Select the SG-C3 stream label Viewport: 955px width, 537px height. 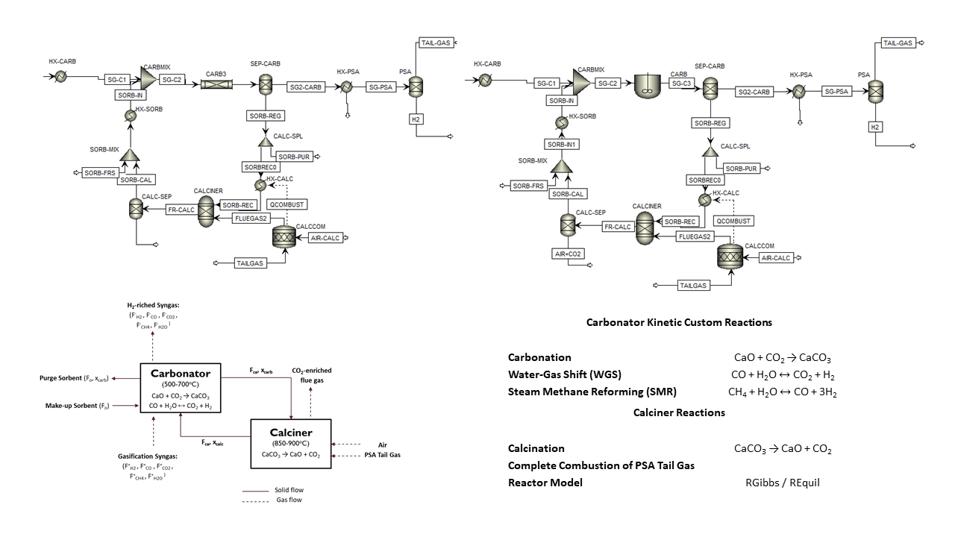coord(682,83)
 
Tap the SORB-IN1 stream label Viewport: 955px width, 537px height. coord(563,144)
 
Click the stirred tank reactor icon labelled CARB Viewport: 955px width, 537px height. coord(648,86)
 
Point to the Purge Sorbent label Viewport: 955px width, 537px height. coord(73,378)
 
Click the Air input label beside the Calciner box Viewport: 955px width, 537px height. coord(382,445)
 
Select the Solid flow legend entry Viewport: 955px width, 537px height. coord(289,490)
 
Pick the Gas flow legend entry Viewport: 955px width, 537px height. coord(287,502)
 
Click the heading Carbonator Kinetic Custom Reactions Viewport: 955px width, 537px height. coord(679,323)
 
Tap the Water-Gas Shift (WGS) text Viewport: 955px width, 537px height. coord(564,374)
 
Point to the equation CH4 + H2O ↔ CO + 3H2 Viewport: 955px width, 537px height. coord(782,392)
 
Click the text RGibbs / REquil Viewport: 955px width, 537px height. coord(782,483)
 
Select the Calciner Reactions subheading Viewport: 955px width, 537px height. coord(679,412)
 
